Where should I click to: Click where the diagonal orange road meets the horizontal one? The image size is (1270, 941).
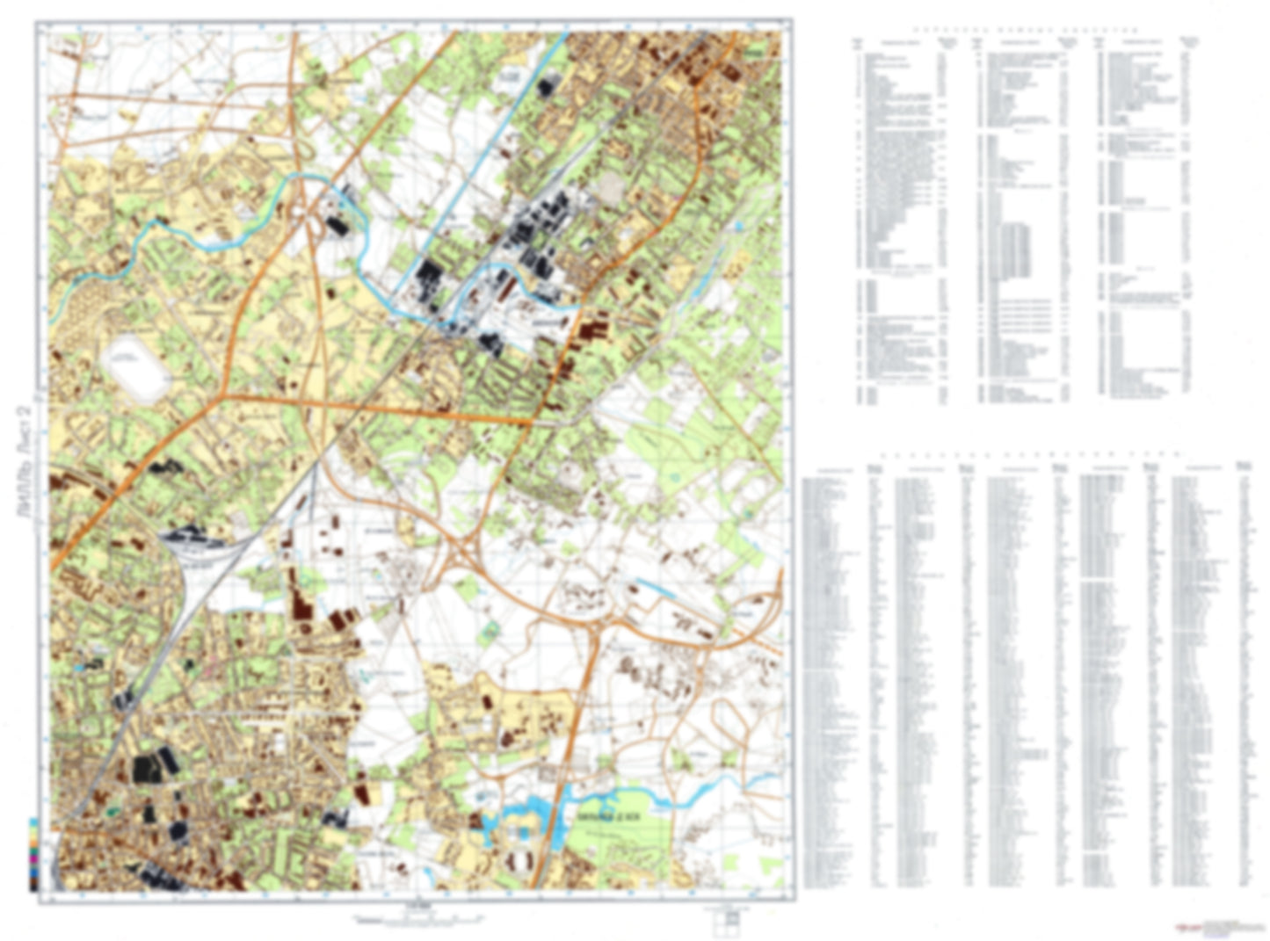click(x=224, y=395)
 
